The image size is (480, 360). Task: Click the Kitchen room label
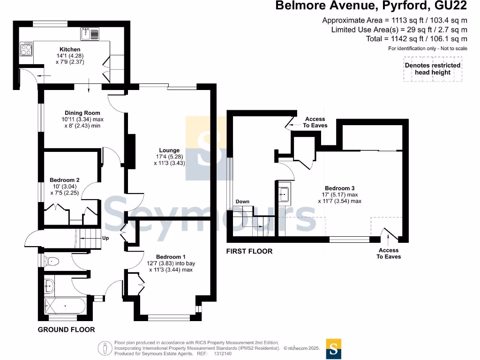pos(70,49)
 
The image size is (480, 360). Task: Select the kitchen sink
pos(90,34)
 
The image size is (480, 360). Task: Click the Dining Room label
pos(82,112)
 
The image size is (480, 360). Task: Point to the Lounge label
pos(169,150)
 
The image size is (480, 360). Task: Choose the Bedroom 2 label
pos(65,180)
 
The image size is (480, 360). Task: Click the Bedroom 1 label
pos(171,257)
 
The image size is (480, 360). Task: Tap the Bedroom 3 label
pos(340,188)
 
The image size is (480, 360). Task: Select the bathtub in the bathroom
pos(64,306)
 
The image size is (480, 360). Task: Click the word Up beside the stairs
pos(105,238)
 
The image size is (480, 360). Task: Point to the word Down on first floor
pos(242,202)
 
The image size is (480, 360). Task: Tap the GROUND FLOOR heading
pos(67,330)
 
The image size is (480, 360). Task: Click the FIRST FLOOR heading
pos(249,251)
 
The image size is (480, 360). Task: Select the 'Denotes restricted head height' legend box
pos(433,69)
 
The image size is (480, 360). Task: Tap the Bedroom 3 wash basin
pos(285,194)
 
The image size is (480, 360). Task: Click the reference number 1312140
pos(223,353)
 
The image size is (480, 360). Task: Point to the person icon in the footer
pos(105,348)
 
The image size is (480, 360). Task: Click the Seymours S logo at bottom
pos(334,349)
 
